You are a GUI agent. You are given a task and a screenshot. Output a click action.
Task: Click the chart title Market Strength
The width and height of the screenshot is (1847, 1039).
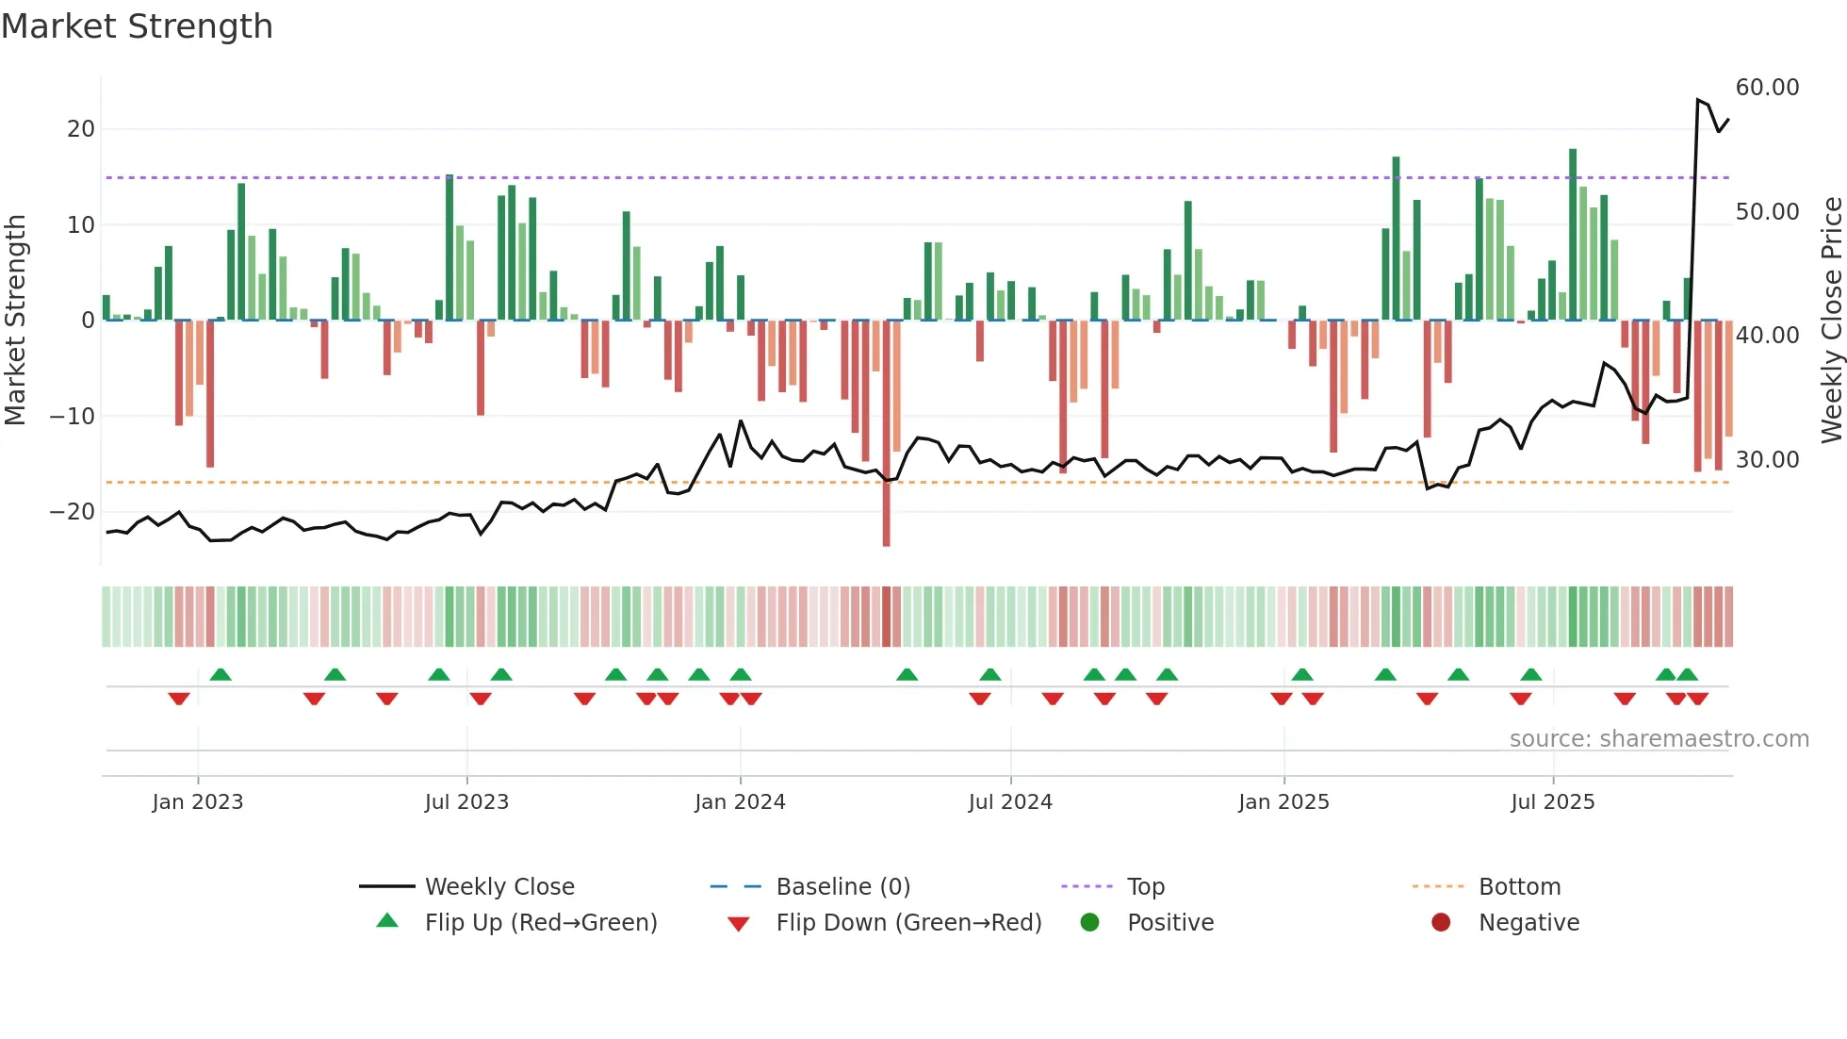[x=137, y=26]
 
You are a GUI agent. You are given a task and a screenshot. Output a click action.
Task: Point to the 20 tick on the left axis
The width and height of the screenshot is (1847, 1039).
[x=81, y=129]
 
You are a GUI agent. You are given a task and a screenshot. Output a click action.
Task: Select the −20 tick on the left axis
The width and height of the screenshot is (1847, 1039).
[x=73, y=512]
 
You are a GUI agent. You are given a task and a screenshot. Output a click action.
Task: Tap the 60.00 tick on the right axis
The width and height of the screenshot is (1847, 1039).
[x=1767, y=88]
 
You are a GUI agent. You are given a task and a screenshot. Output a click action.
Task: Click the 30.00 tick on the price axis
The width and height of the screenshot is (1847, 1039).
[x=1767, y=460]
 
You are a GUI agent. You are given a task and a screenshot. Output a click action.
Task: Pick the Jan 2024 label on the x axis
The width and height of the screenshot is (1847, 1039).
[x=740, y=802]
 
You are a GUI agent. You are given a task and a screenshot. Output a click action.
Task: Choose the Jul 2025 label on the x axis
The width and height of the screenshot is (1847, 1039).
[x=1552, y=802]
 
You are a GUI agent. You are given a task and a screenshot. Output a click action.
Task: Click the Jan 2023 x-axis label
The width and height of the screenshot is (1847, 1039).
[x=198, y=802]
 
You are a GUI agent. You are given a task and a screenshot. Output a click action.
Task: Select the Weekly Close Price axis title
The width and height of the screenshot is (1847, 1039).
[x=1831, y=321]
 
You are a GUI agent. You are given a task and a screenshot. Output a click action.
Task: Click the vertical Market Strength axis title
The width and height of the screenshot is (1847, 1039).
[x=15, y=321]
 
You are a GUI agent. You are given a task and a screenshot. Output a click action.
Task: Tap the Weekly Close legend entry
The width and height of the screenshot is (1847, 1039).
[x=499, y=887]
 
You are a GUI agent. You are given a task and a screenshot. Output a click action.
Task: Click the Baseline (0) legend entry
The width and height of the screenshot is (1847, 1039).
[x=842, y=887]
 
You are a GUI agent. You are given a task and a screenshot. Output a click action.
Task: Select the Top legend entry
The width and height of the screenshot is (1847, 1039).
[x=1146, y=887]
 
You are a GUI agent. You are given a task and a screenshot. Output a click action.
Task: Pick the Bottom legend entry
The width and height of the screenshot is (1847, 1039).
[x=1519, y=887]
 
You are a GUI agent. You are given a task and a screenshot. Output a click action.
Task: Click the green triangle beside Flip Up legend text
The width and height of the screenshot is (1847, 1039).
[x=387, y=921]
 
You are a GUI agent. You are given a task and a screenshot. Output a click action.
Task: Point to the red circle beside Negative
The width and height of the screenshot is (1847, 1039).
[x=1441, y=923]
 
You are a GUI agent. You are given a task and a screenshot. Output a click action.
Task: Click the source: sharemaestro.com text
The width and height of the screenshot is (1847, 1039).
[x=1659, y=739]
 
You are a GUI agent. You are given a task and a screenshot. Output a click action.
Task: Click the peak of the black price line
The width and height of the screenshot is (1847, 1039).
[x=1698, y=100]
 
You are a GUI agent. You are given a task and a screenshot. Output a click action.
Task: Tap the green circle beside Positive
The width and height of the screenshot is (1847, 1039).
[x=1089, y=923]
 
